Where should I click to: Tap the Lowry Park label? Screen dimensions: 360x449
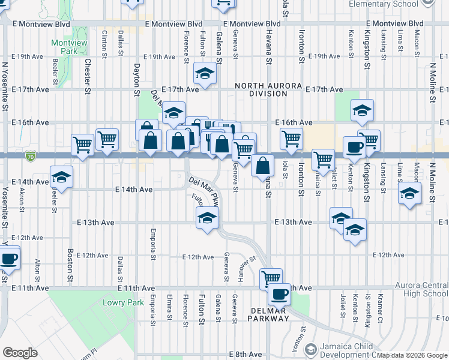[123, 303]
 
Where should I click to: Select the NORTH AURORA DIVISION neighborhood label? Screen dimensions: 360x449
[268, 90]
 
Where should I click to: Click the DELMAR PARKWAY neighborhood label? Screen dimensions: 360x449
[268, 314]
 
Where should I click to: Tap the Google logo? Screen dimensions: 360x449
[20, 353]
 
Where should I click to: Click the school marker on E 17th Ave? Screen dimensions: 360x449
[204, 74]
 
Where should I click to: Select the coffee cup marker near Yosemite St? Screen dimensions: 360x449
[8, 259]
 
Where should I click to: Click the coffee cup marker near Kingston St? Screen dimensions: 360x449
[354, 147]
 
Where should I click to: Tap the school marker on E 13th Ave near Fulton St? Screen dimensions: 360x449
[207, 218]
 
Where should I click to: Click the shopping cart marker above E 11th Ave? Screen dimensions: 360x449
[271, 278]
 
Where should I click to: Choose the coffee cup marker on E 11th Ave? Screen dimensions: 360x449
[279, 294]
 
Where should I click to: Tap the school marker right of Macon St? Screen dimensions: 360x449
[410, 194]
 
